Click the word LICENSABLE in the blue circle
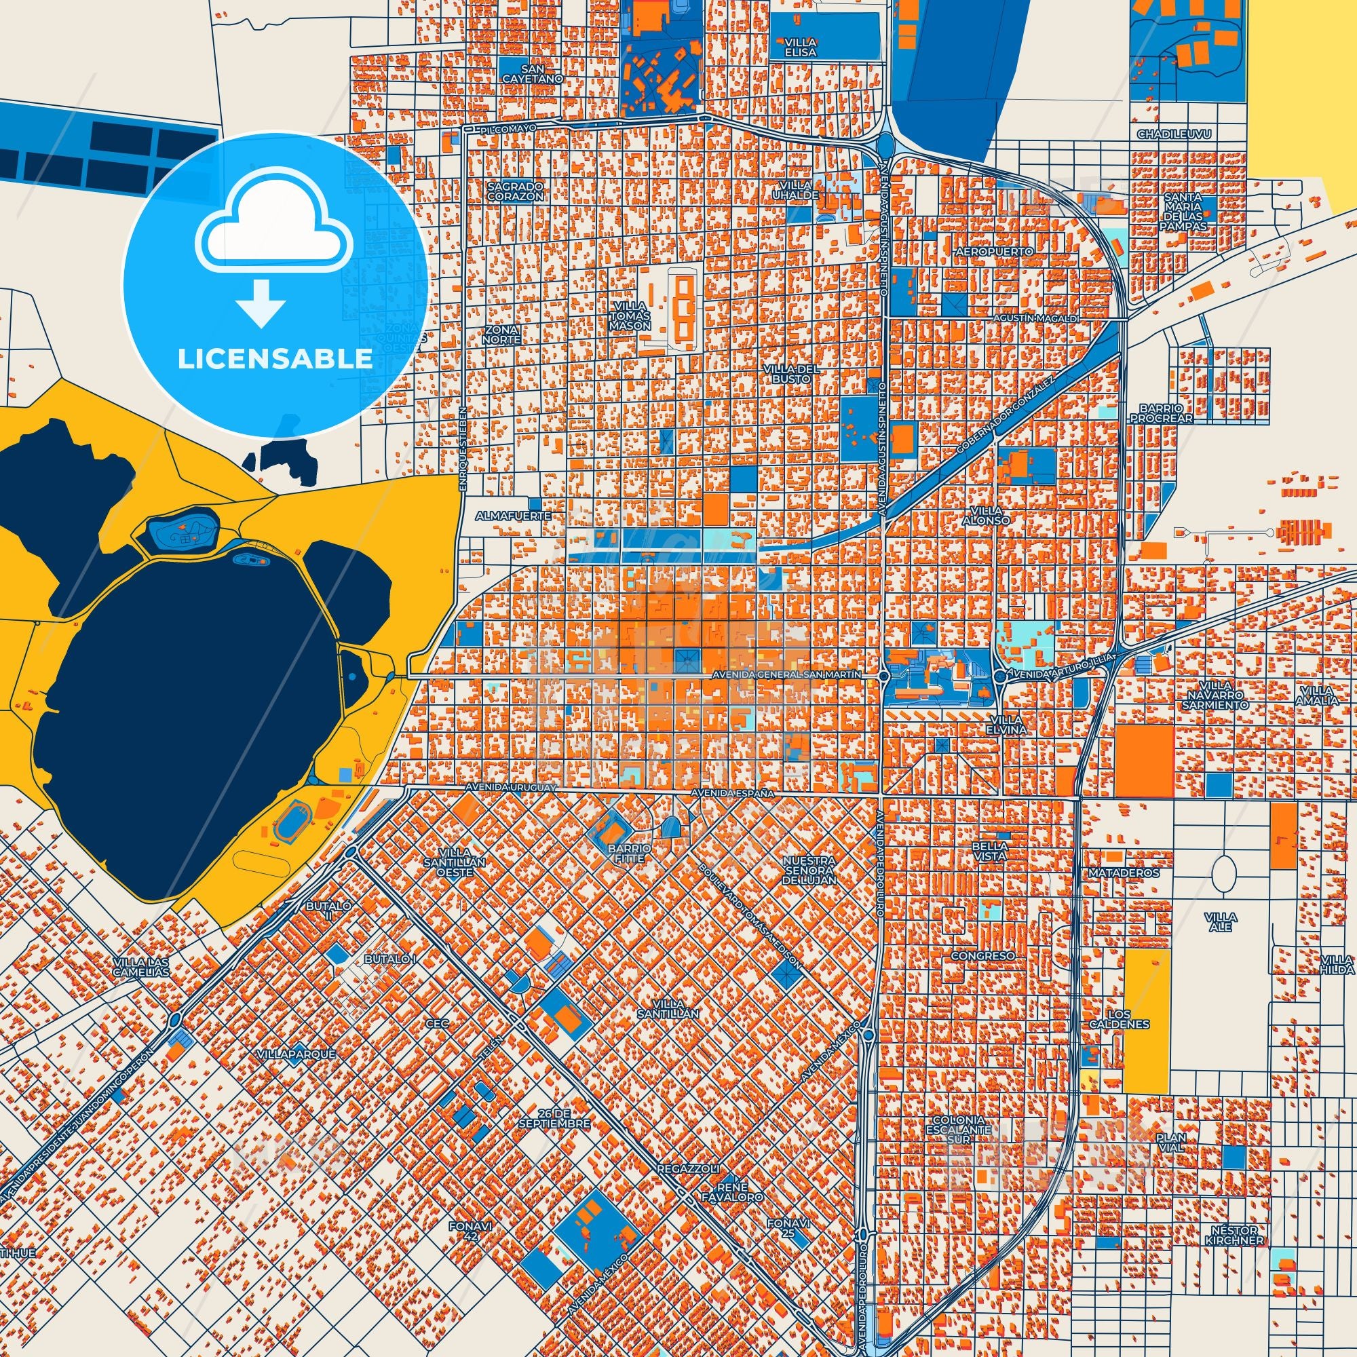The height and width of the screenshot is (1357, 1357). [275, 359]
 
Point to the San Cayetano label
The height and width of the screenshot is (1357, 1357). [533, 74]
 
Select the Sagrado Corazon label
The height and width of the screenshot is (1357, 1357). [516, 191]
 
